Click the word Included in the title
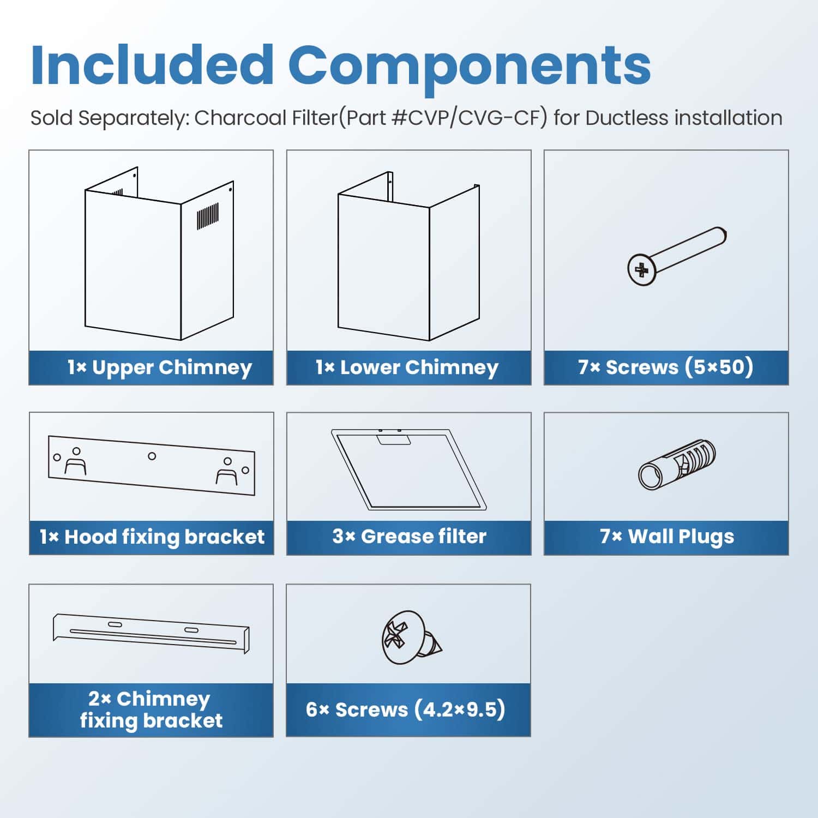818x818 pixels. [152, 65]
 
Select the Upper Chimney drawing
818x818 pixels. [159, 254]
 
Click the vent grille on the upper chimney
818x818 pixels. [207, 216]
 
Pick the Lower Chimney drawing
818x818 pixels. [409, 256]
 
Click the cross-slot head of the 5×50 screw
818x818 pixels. [642, 269]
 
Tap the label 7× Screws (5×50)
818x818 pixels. [666, 368]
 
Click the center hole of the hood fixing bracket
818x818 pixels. [152, 456]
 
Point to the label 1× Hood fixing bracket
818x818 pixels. [152, 537]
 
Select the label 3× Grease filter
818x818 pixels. [409, 537]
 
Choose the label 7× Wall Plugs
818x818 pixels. [667, 537]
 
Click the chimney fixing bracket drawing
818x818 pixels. [151, 633]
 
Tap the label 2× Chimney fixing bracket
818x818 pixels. [151, 709]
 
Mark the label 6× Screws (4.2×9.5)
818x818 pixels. [406, 710]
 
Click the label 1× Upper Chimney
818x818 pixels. [160, 368]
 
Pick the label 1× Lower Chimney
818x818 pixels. [407, 368]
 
